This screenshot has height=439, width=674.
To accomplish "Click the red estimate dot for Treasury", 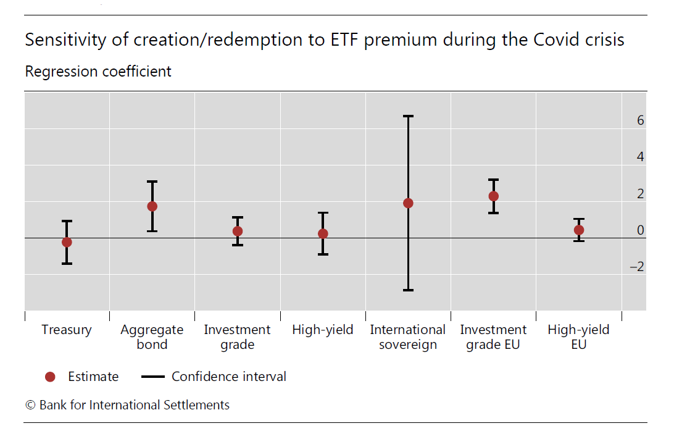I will [67, 242].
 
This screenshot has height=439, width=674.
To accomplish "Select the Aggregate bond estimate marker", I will [152, 206].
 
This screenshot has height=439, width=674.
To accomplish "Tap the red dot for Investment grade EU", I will [493, 196].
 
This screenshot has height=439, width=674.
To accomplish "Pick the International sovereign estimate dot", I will [408, 203].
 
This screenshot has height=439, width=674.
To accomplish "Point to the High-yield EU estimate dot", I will [579, 230].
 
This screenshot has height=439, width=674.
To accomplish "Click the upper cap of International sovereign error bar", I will [408, 116].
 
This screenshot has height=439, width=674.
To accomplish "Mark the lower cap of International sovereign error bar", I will [408, 290].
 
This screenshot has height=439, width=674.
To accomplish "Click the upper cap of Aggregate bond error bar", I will [152, 182].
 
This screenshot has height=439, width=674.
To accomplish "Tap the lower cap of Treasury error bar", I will [67, 264].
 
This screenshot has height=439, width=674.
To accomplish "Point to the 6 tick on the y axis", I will [640, 120].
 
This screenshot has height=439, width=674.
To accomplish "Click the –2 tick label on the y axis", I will [636, 267].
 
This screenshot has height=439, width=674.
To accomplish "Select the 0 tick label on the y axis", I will [640, 230].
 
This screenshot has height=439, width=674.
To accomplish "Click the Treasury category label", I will [67, 330].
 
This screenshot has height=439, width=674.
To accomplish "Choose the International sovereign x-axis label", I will [408, 337].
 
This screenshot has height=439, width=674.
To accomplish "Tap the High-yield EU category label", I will [579, 337].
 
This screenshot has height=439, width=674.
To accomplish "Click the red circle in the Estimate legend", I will [51, 377].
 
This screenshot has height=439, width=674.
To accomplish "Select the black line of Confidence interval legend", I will [153, 377].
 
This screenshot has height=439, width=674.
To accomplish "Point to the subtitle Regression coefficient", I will [98, 72].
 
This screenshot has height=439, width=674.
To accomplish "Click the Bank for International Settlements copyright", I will [127, 405].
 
